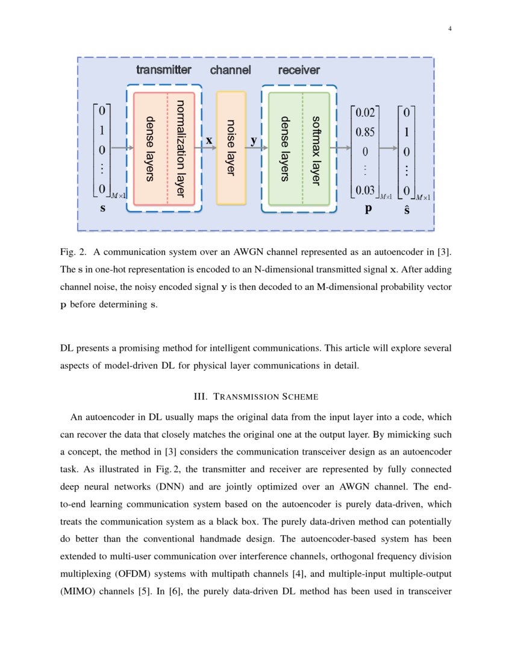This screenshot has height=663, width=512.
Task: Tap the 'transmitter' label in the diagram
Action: click(164, 70)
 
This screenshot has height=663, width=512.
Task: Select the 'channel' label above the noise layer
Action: click(230, 70)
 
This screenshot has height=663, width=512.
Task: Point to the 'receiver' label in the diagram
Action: click(299, 70)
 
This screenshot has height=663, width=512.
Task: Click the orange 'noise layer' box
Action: click(231, 148)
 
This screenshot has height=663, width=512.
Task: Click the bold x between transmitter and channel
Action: click(209, 140)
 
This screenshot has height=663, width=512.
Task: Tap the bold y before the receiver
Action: click(254, 140)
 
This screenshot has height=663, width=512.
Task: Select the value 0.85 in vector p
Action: click(366, 131)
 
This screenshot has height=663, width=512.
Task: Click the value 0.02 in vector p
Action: click(366, 112)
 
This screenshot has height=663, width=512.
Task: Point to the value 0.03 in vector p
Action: click(366, 190)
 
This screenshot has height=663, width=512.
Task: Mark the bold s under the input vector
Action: click(102, 209)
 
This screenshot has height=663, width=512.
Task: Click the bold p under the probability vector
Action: click(368, 210)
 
